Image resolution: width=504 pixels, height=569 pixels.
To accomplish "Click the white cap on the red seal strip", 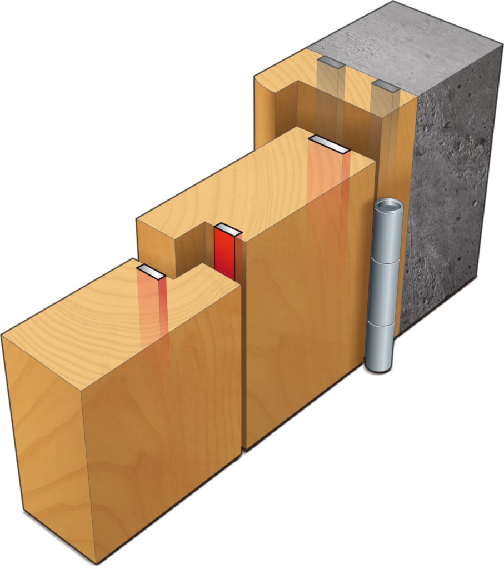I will point(227,230).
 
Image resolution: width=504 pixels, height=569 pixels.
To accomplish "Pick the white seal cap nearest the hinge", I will point(330,143).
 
